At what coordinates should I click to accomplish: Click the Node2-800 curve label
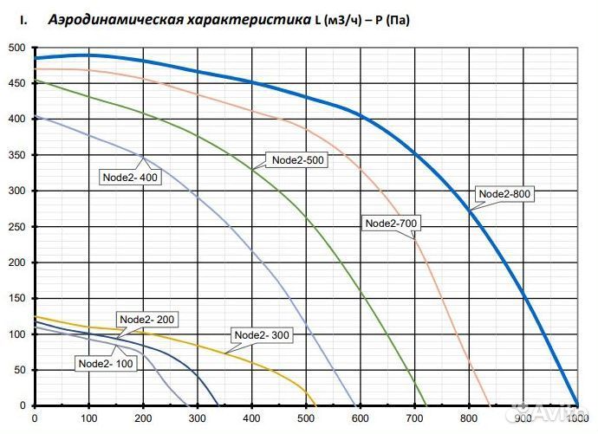[504, 194]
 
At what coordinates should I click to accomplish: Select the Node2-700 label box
[392, 223]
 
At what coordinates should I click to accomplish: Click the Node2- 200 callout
[146, 319]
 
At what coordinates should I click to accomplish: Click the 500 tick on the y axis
[16, 48]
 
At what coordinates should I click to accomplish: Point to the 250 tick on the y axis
[16, 227]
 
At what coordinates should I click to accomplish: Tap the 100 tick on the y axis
[16, 334]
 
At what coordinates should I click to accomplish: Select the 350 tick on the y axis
[16, 155]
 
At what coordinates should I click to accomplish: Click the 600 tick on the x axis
[361, 419]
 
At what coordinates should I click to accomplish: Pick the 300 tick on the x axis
[198, 419]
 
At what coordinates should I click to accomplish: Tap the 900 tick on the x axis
[523, 419]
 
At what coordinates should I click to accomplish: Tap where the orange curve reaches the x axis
[491, 405]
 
